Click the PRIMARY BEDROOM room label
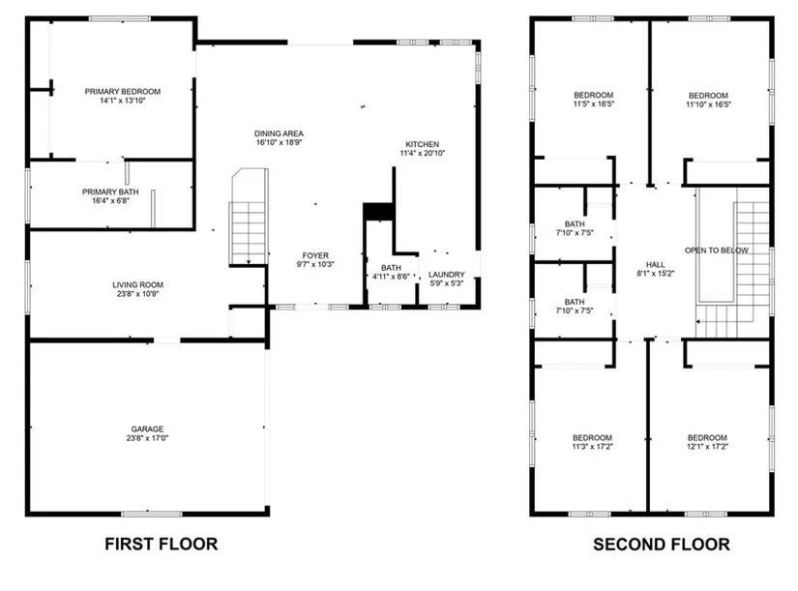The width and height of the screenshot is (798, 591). click(x=123, y=92)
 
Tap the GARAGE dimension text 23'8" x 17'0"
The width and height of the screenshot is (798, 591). click(x=147, y=438)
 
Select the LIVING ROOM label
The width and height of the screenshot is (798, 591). click(x=138, y=285)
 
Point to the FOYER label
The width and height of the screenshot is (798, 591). click(x=315, y=255)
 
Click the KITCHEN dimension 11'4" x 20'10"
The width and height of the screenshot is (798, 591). click(x=423, y=153)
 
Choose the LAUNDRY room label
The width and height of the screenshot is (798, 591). click(x=447, y=275)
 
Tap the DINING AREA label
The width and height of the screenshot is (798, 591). click(x=279, y=133)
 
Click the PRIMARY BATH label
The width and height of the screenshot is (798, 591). click(x=110, y=192)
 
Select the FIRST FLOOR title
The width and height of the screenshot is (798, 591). click(x=162, y=545)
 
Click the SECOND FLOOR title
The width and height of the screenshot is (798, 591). click(x=662, y=545)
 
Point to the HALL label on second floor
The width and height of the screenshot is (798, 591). click(x=656, y=265)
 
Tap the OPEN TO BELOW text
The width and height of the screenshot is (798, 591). click(x=717, y=251)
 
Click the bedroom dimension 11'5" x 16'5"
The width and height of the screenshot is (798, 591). click(x=593, y=103)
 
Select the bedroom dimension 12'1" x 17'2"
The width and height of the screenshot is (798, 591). click(x=707, y=447)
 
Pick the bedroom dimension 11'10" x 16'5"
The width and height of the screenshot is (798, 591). click(x=708, y=104)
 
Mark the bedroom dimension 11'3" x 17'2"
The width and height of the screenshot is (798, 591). click(x=592, y=447)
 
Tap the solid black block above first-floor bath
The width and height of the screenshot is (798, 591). click(x=378, y=212)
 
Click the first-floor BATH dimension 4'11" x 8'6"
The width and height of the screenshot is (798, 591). click(x=391, y=277)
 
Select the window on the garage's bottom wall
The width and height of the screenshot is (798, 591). click(x=151, y=514)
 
